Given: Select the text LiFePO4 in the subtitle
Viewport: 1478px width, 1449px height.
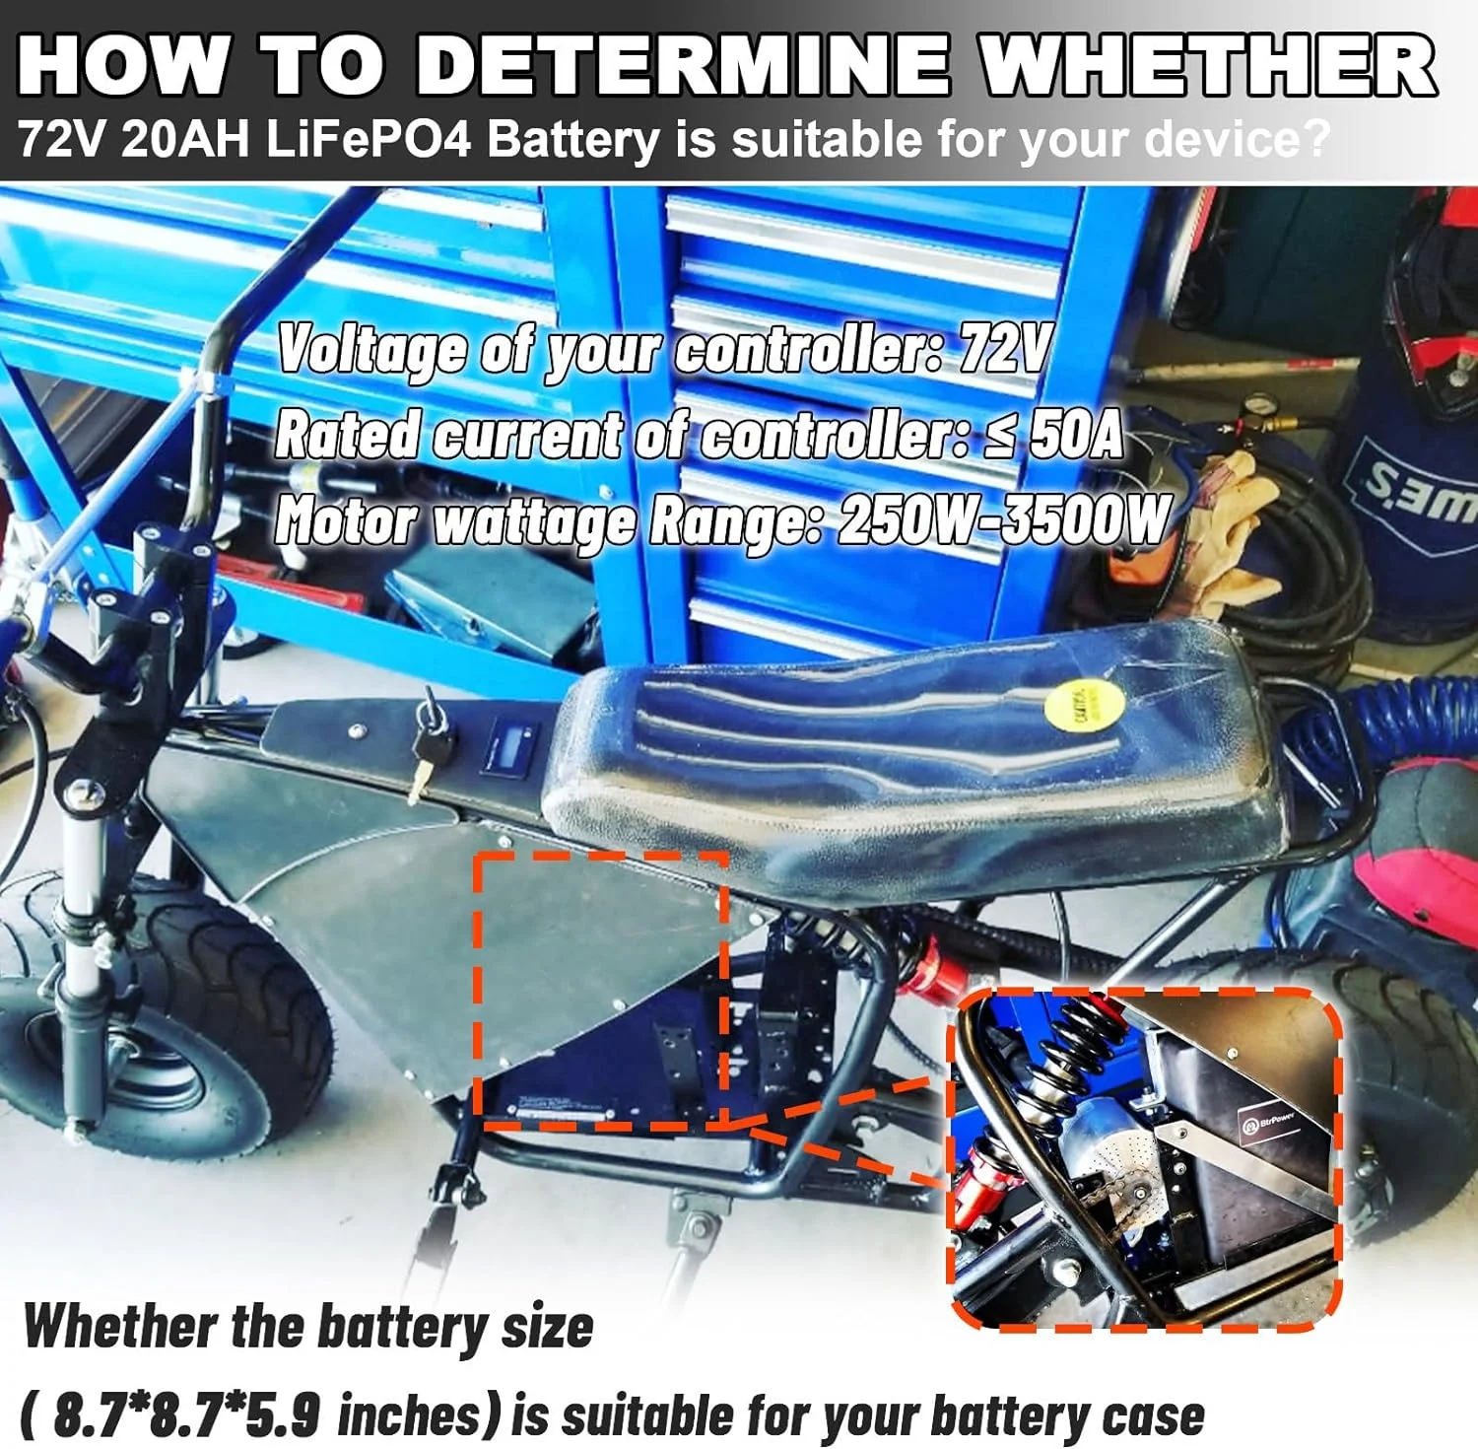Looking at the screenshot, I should coord(369,140).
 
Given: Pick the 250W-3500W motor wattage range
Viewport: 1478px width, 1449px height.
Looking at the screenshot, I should coord(1003,520).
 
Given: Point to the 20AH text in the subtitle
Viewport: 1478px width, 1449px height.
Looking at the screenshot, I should coord(185,140).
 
